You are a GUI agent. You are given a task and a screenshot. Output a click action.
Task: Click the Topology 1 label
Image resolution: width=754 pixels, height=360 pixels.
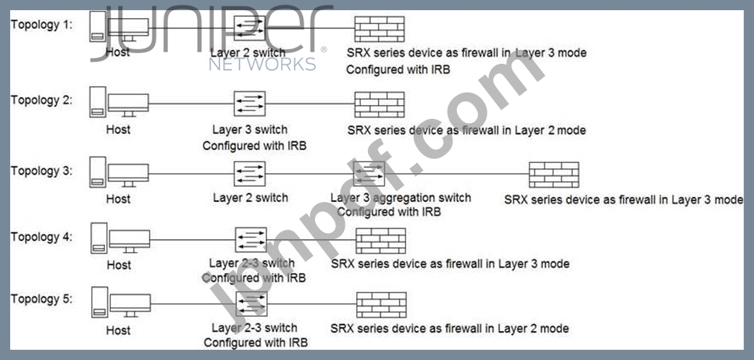click(x=41, y=25)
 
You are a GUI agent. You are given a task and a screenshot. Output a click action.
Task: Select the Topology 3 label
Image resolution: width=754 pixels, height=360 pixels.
click(x=41, y=172)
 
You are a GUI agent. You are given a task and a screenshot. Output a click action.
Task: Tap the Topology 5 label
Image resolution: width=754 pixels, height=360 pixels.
click(x=41, y=298)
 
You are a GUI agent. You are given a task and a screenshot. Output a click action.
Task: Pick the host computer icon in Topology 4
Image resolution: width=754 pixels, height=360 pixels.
click(x=120, y=240)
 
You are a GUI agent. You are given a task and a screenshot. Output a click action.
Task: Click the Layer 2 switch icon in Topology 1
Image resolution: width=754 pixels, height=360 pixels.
click(x=250, y=28)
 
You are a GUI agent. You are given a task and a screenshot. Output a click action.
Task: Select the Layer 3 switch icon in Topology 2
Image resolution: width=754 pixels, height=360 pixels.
click(x=250, y=104)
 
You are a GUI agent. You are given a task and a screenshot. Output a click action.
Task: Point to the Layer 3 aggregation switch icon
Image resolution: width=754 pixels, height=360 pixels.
click(x=369, y=173)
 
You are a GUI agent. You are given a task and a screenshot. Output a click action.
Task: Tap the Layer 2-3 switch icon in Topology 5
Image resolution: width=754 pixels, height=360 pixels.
click(x=251, y=305)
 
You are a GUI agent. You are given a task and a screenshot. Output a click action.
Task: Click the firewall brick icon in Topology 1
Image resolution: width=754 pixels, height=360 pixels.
click(x=379, y=28)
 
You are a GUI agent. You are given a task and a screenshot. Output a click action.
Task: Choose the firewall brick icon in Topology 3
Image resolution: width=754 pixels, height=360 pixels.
click(x=553, y=175)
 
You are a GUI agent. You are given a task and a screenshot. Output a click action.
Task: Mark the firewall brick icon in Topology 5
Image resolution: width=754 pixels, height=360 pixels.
click(x=381, y=305)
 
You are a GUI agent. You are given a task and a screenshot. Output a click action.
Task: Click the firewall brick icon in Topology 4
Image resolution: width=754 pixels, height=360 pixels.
click(x=380, y=240)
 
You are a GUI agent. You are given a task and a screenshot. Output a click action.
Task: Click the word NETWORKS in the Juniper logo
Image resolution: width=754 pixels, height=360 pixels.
click(x=262, y=64)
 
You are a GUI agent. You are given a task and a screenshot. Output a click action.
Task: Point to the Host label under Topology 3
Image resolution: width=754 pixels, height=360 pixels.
click(x=118, y=198)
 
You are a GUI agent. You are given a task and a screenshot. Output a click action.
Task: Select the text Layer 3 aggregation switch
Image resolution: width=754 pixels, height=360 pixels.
click(x=401, y=198)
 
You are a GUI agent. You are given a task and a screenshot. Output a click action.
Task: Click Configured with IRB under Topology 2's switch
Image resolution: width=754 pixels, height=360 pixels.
click(x=254, y=145)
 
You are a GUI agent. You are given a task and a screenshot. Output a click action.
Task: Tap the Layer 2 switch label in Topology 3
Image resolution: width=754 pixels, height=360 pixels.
click(x=250, y=198)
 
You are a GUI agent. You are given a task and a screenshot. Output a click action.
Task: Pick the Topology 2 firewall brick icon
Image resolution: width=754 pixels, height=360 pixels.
click(x=379, y=104)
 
